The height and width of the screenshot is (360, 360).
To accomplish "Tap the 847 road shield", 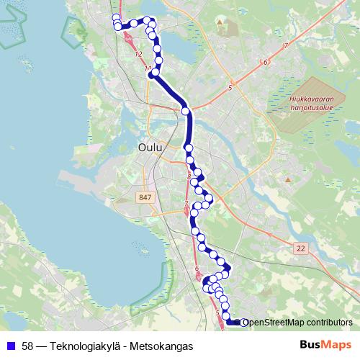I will pyautogui.click(x=144, y=197).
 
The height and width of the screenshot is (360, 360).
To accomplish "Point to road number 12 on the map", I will pyautogui.click(x=138, y=55).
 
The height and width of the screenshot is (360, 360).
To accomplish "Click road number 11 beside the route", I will pyautogui.click(x=148, y=68).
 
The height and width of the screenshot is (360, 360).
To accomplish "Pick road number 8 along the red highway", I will pyautogui.click(x=189, y=176).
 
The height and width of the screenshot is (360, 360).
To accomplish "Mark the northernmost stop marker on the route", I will pyautogui.click(x=116, y=17).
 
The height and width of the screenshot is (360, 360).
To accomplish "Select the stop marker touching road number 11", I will pyautogui.click(x=154, y=72).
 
